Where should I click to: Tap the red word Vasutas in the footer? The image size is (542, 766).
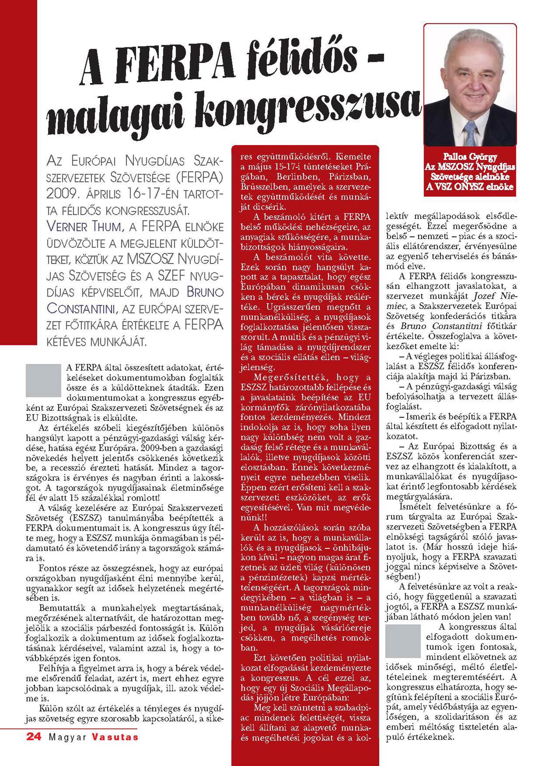click(x=115, y=737)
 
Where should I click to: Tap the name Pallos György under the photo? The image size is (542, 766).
click(x=470, y=157)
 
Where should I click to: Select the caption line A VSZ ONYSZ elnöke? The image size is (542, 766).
click(x=470, y=187)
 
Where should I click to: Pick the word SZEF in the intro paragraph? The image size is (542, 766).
click(x=171, y=276)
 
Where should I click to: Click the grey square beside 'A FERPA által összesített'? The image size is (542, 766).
click(x=43, y=380)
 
